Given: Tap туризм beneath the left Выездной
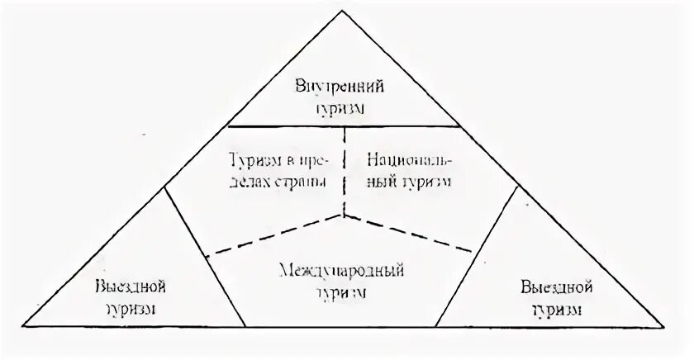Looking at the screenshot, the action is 131,310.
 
